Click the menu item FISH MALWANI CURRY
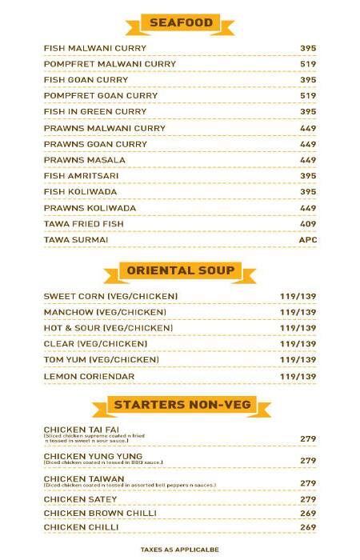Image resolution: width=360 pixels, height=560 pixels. point(87,48)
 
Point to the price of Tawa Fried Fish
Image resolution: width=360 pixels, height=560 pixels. point(308,224)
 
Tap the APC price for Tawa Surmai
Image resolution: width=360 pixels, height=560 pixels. point(308,240)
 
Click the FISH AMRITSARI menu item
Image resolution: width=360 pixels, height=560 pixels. point(78,176)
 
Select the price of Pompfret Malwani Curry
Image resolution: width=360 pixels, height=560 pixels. point(308,64)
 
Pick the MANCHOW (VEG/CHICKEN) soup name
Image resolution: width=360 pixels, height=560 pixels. point(105,312)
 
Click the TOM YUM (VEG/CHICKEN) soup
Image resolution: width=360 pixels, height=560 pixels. point(102,360)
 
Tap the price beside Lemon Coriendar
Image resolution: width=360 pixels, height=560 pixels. point(298,376)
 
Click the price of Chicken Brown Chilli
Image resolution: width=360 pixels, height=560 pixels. point(308,513)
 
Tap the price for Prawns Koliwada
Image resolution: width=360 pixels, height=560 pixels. point(308,208)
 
